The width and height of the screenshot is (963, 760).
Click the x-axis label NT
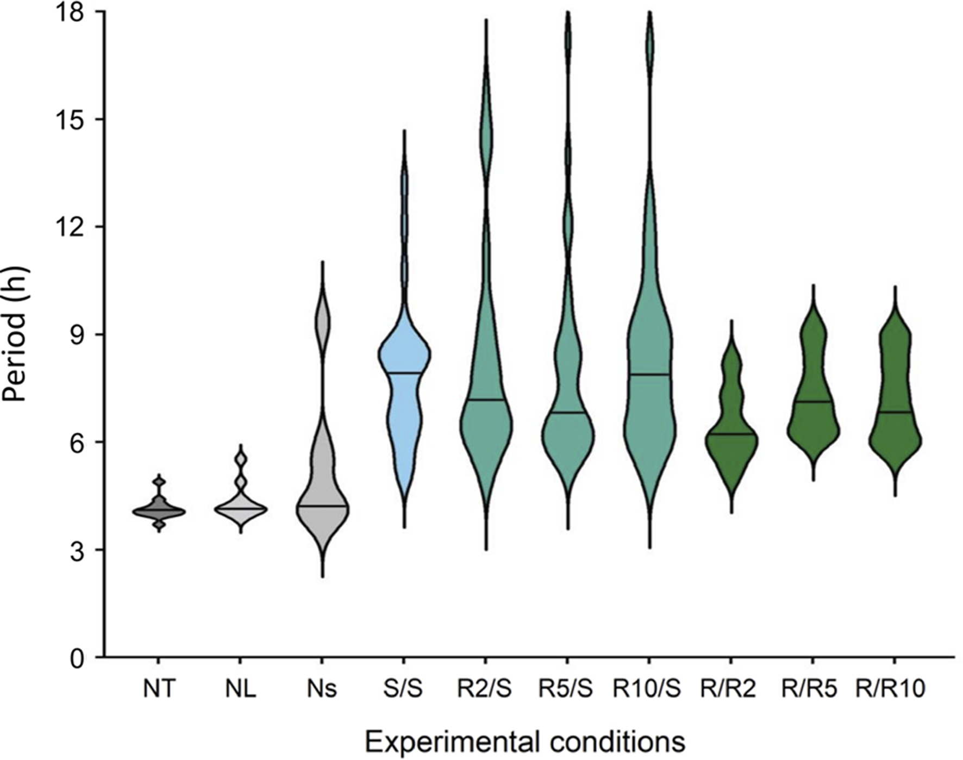tap(159, 689)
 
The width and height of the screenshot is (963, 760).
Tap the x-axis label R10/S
tap(647, 689)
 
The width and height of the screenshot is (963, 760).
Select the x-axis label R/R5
tap(810, 689)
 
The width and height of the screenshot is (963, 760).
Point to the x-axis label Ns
tap(322, 689)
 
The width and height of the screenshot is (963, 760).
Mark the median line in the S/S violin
tap(404, 373)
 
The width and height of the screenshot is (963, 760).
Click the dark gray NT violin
tap(159, 512)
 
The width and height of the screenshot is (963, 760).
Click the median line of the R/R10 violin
tap(895, 412)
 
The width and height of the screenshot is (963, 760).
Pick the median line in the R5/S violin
tap(568, 412)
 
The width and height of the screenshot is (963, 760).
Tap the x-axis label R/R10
tap(890, 689)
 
